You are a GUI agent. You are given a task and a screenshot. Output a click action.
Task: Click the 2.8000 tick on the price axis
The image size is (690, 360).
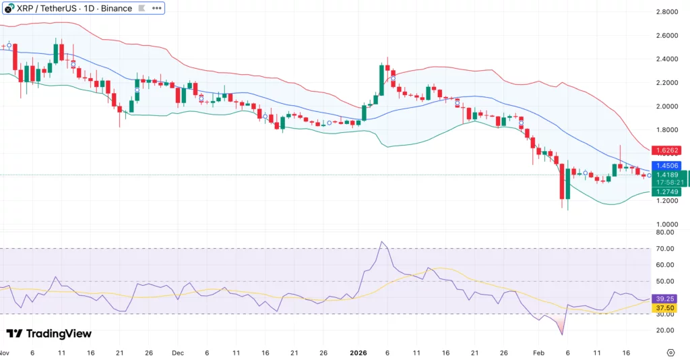coord(666,12)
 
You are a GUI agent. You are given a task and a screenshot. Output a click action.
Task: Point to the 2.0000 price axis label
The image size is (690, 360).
coord(666,107)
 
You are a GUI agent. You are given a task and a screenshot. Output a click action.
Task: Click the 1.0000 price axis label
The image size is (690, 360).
coord(666,224)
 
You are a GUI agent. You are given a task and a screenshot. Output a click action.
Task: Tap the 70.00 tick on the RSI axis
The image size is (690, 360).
coord(665,249)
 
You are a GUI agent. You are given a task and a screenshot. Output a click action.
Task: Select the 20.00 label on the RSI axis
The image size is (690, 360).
coord(665,330)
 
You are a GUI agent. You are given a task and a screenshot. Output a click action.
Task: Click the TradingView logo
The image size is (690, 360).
coord(49,334)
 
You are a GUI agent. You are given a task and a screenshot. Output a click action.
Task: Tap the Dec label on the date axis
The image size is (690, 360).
coord(178,353)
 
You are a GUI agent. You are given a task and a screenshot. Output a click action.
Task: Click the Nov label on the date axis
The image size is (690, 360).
coord(3,353)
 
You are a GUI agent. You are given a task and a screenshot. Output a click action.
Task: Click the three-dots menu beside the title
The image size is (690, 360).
coord(156,9)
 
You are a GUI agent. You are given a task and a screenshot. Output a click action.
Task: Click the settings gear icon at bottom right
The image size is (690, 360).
coord(670,353)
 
